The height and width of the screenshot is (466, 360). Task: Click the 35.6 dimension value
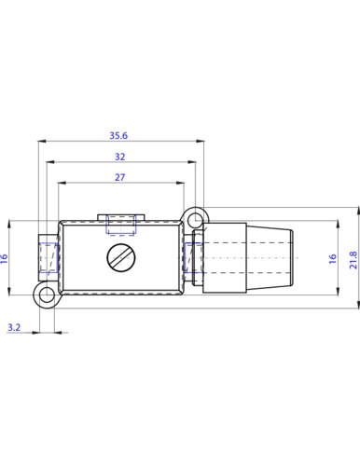point(118,136)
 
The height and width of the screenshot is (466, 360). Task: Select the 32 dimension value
point(120,157)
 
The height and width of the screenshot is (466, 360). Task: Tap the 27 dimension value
point(120,177)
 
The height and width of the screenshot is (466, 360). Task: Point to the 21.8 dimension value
point(353,260)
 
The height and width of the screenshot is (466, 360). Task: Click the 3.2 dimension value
point(14,327)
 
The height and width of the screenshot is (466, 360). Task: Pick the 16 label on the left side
point(4,259)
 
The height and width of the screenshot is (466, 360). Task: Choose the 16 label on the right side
point(333,259)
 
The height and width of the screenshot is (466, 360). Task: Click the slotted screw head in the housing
point(121,257)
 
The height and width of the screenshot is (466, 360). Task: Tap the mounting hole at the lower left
point(47,295)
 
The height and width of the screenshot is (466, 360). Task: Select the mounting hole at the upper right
point(196,219)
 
